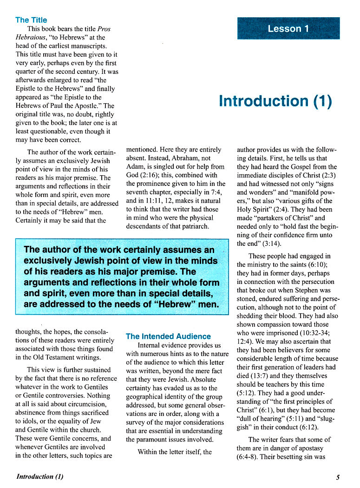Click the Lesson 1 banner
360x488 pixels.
288,28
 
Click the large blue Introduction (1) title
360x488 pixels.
275,101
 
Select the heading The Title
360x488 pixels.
31,20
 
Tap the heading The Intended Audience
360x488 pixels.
168,336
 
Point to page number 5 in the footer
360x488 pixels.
338,477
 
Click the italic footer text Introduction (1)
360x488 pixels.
40,477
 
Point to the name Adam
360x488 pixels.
137,167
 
